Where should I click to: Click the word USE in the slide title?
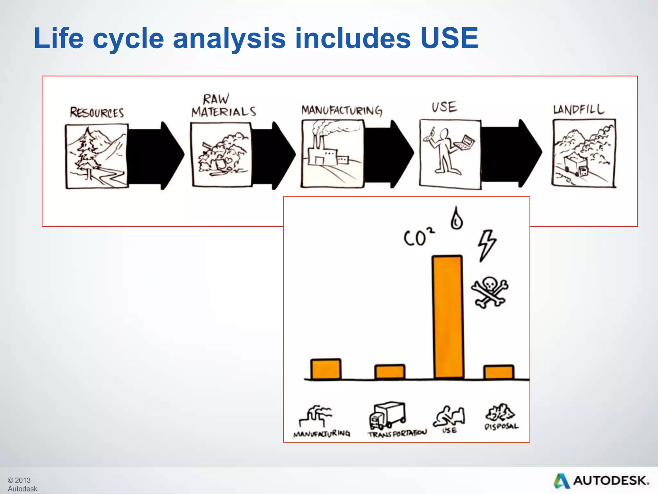(449, 38)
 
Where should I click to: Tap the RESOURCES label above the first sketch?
(97, 113)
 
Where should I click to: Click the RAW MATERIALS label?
(224, 106)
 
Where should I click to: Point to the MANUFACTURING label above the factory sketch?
(342, 110)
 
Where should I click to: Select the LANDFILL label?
(579, 109)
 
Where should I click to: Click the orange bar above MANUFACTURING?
(326, 369)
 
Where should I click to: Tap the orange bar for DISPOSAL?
(499, 372)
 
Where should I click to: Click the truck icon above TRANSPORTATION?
(387, 415)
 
